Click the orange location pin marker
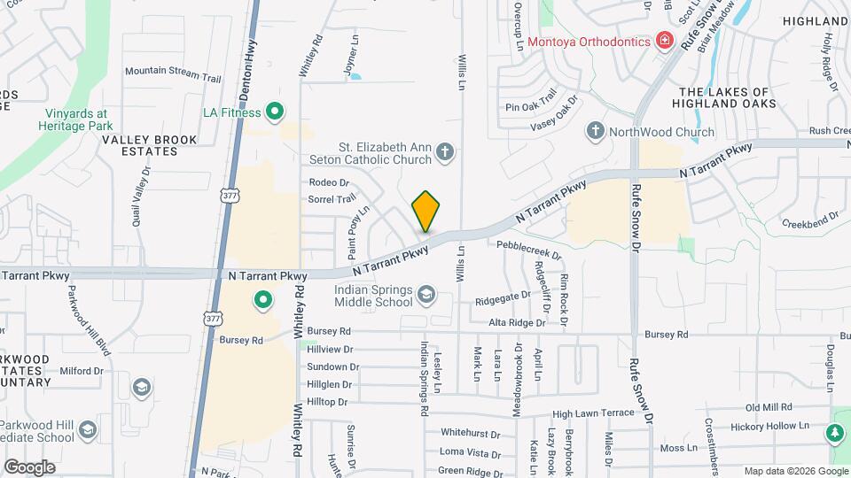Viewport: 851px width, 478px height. point(426,211)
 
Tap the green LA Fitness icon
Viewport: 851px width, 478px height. point(275,112)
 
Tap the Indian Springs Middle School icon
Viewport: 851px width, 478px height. point(426,293)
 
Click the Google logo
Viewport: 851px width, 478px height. point(28,467)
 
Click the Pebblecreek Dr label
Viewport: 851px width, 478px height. point(529,249)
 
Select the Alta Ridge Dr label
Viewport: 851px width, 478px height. point(510,323)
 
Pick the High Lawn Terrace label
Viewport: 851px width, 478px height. point(593,413)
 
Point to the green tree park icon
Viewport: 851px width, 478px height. point(833,434)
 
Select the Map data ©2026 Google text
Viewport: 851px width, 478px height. point(795,471)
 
